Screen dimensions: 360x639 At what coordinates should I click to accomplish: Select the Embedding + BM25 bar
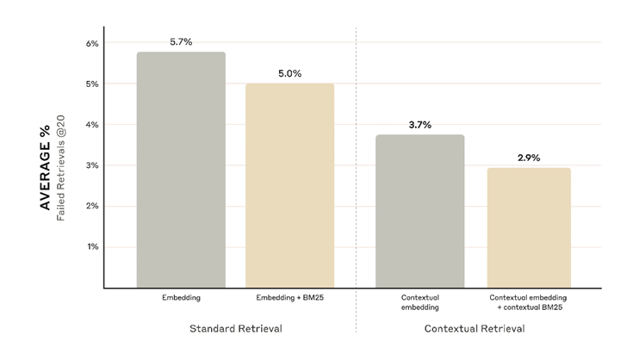coord(289,185)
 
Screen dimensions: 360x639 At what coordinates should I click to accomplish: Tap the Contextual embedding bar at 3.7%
coord(420,211)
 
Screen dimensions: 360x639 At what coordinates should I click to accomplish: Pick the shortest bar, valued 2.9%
coord(529,227)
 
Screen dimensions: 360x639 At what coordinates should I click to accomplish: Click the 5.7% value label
coord(182,41)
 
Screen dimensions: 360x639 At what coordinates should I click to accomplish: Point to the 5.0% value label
coord(289,73)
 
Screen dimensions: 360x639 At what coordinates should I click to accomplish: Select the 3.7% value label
coord(420,125)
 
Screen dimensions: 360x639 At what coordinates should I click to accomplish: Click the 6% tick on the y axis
coord(91,43)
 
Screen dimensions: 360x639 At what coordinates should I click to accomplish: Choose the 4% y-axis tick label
coord(91,125)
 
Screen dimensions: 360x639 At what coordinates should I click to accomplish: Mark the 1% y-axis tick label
coord(92,247)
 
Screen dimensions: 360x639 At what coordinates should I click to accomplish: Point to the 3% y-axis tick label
coord(91,165)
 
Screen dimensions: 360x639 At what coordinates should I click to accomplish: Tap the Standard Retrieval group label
coord(235,329)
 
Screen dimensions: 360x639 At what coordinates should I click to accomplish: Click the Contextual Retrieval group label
coord(475,329)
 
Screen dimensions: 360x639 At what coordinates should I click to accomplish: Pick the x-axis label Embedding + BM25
coord(289,298)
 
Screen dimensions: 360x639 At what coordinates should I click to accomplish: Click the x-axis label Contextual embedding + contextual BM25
coord(529,302)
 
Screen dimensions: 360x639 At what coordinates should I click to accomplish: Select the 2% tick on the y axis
coord(91,206)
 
